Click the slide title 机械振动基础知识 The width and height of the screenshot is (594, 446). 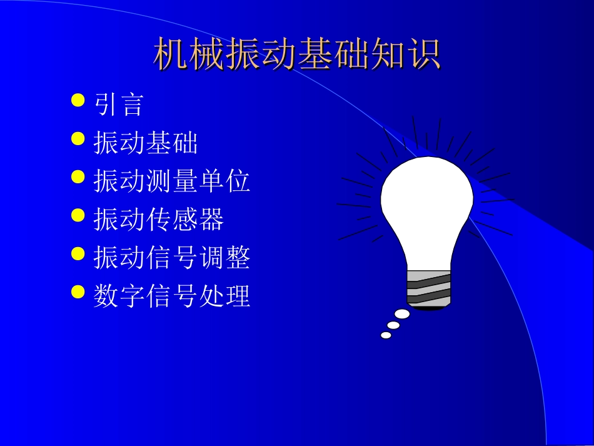[297, 54]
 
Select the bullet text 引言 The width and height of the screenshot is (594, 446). [119, 104]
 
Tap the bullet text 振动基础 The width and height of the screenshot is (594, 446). [146, 143]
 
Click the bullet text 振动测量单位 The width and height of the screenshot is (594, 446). [172, 181]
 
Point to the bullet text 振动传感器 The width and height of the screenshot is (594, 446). [159, 219]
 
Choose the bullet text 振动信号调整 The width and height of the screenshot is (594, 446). [172, 257]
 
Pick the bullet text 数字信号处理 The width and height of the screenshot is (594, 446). [172, 295]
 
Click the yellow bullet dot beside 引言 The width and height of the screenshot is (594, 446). [78, 100]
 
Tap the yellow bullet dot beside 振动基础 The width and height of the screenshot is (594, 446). [78, 138]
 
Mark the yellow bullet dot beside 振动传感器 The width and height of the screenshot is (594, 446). [78, 215]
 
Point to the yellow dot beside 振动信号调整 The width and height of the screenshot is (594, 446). [78, 253]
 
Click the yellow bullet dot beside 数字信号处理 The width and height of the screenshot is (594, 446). [78, 291]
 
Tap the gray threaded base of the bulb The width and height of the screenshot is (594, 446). [428, 289]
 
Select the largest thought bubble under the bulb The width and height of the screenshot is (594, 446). [402, 315]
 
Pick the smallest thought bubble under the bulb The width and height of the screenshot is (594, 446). [386, 335]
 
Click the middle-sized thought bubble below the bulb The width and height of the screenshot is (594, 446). [393, 325]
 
